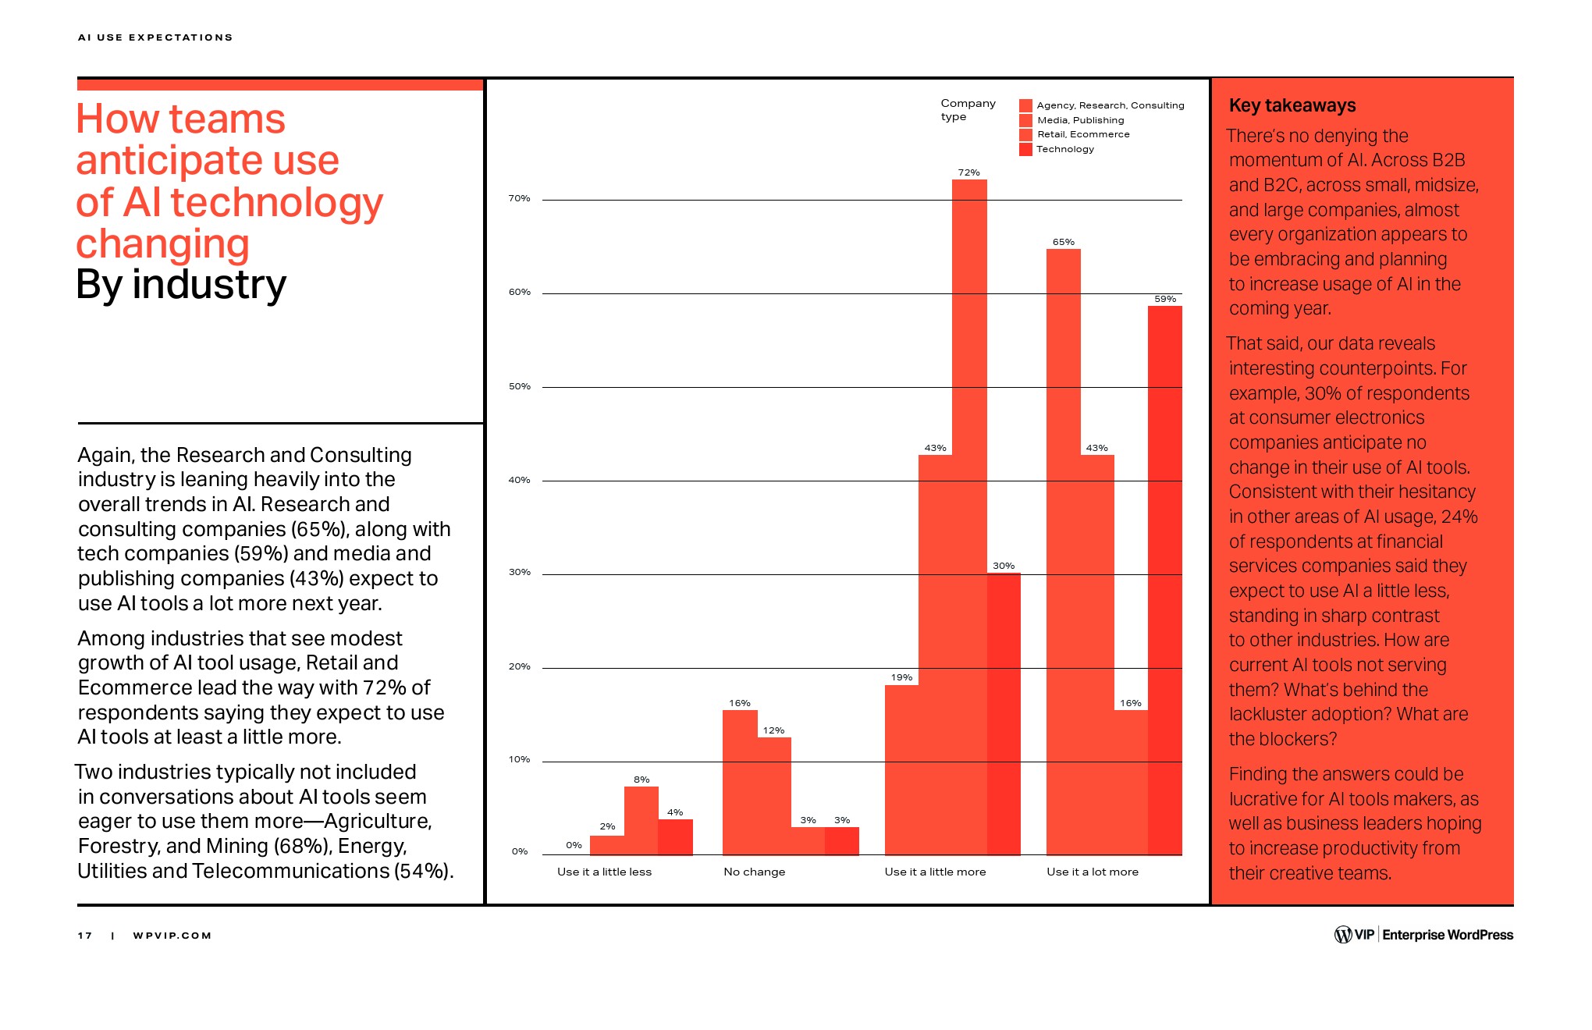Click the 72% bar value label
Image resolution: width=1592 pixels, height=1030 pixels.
click(968, 172)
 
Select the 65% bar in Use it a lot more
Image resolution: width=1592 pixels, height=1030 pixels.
click(1063, 546)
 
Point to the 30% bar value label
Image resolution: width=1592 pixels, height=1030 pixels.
click(1004, 566)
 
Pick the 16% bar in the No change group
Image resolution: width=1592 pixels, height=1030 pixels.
click(740, 780)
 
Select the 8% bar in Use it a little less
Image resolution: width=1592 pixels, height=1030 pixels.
click(641, 819)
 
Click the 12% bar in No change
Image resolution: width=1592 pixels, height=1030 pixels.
click(773, 796)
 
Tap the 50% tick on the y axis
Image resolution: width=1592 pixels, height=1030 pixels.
click(520, 386)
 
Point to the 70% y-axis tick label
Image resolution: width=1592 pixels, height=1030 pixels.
click(520, 198)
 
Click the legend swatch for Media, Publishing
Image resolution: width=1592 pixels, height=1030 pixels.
click(1025, 120)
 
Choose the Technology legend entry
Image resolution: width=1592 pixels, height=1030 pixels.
click(1065, 149)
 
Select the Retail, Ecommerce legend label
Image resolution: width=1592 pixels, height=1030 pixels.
click(1083, 134)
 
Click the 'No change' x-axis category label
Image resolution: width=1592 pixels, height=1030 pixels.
click(754, 872)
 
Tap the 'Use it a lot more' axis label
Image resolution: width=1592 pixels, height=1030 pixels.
click(1092, 872)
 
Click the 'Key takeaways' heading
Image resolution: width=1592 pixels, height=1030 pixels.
click(1292, 105)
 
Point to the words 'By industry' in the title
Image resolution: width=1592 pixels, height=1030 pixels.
click(181, 285)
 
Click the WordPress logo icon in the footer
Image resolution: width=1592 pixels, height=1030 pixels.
click(1342, 934)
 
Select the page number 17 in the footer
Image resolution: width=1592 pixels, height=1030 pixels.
click(84, 936)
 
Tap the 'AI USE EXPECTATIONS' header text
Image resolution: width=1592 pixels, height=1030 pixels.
click(155, 37)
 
